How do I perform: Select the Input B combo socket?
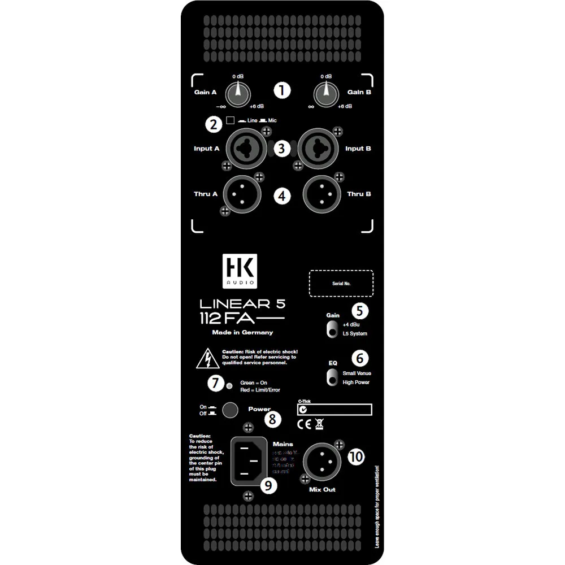(x=319, y=149)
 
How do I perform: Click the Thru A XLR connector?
(x=242, y=194)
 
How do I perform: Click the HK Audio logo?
(x=239, y=270)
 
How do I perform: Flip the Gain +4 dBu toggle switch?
(x=331, y=329)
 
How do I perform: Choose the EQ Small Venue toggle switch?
(x=331, y=377)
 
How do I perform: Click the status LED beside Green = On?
(x=229, y=386)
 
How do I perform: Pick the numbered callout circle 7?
(x=215, y=383)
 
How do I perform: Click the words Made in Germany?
(x=242, y=332)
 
